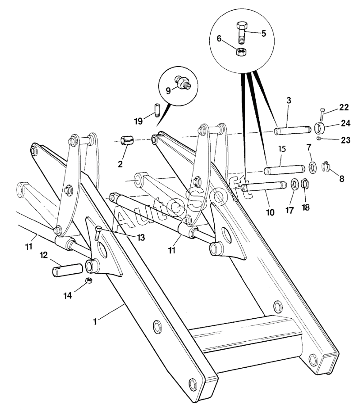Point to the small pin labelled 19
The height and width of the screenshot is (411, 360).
click(x=156, y=109)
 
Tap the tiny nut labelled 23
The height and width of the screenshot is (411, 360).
click(x=319, y=140)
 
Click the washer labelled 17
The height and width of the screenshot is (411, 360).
click(x=293, y=184)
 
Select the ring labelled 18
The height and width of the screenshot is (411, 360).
click(x=304, y=184)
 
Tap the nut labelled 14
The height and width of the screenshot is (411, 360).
click(x=88, y=281)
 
